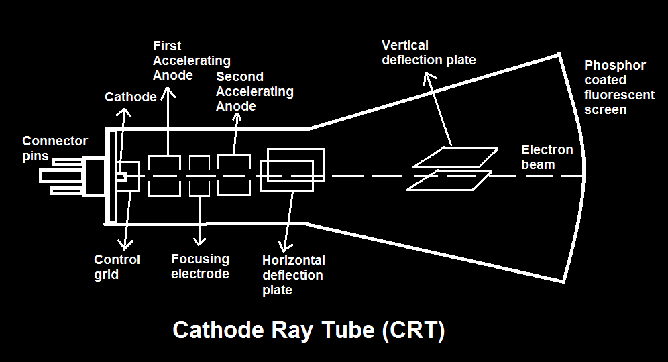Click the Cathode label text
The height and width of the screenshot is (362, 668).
coord(130,97)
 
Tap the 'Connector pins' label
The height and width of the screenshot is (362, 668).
coord(54,148)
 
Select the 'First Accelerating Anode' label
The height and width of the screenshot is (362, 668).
coord(191,60)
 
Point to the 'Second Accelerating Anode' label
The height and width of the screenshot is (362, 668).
coord(254,91)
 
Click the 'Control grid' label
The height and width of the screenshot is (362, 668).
coord(117,267)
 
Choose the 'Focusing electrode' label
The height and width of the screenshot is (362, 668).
coord(200,266)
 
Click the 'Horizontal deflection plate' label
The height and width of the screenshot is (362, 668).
coord(293,275)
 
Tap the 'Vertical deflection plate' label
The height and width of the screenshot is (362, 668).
coord(429,53)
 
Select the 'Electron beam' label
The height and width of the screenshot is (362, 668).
coord(547,157)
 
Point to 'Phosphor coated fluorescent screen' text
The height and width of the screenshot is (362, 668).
coord(618,87)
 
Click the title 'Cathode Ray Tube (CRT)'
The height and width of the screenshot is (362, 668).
coord(309,330)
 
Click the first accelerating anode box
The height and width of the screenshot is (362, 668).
coord(164,176)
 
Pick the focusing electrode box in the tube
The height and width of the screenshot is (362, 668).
coord(199,176)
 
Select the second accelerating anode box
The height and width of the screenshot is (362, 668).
coord(234,176)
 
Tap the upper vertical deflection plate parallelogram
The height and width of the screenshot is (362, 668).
coord(455,157)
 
